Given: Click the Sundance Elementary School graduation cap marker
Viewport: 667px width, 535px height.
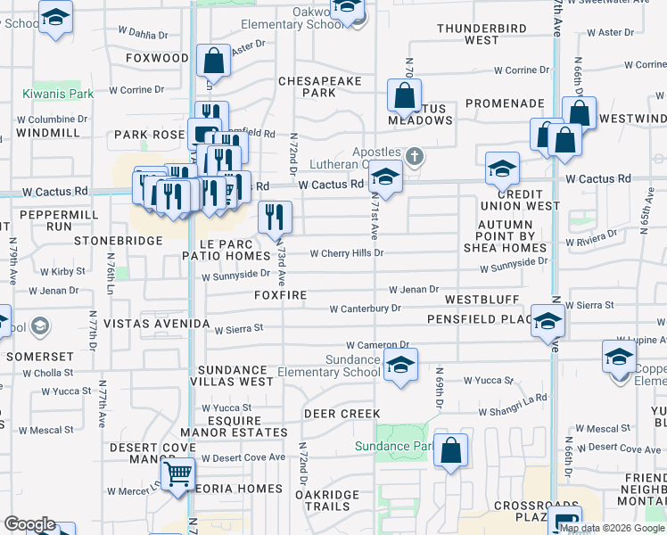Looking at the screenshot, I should [x=400, y=365].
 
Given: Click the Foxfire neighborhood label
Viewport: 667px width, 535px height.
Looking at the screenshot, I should [x=280, y=295].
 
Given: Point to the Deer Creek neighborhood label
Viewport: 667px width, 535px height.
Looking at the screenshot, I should [x=342, y=414].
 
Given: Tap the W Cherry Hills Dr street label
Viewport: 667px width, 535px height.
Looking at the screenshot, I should [x=346, y=253].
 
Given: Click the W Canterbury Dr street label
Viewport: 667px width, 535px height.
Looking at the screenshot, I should [x=365, y=309].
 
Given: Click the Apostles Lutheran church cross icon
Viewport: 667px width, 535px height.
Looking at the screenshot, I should [x=413, y=157].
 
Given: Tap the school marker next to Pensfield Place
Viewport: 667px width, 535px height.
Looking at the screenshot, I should [x=547, y=321].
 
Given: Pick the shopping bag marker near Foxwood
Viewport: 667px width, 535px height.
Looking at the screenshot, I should [x=214, y=62].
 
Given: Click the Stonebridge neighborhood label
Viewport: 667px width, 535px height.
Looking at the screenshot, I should [x=118, y=241].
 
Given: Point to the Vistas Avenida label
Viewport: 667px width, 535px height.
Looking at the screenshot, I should [x=157, y=324].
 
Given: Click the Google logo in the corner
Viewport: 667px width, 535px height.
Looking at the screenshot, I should [x=29, y=524].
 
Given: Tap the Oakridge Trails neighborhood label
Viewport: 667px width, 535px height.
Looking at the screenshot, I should [x=327, y=500].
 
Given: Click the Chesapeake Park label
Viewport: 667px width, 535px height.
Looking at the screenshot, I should [x=320, y=86].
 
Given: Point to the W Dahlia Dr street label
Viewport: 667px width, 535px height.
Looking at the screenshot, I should [x=142, y=36].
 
